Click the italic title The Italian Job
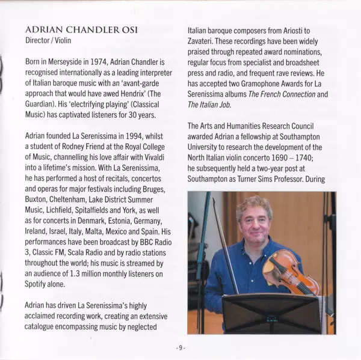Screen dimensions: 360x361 (210, 105)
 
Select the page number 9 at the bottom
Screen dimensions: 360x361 (180, 347)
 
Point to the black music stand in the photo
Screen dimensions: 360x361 (271, 313)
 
